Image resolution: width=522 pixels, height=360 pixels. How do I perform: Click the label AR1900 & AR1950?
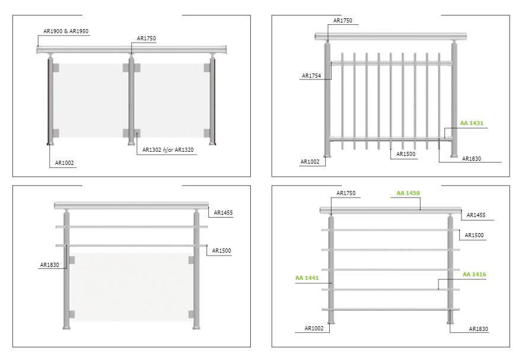66,31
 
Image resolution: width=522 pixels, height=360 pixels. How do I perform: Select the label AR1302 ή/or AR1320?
168,149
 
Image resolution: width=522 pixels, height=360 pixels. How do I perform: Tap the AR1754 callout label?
311,75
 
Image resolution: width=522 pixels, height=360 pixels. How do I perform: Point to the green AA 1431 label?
472,123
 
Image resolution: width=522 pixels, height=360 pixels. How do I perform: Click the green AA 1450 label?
408,193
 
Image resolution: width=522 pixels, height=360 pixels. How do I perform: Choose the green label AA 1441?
307,278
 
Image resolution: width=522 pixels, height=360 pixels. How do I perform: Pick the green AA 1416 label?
475,275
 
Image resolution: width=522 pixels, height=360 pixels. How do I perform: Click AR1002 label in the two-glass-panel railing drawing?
64,163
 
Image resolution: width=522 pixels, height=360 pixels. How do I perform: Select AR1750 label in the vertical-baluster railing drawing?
343,21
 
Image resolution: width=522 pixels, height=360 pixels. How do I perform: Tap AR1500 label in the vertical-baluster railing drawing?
406,154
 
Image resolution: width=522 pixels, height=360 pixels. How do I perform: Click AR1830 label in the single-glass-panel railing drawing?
49,265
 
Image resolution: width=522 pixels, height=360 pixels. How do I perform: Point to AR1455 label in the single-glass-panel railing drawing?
223,212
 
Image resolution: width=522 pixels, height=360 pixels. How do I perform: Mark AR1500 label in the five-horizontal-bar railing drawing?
474,235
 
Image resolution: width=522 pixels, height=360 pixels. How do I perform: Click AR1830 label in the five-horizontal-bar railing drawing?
478,329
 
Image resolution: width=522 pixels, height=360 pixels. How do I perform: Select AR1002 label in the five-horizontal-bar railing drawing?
314,329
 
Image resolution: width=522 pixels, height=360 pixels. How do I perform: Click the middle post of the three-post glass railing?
132,99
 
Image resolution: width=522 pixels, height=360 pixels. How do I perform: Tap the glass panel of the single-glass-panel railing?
130,287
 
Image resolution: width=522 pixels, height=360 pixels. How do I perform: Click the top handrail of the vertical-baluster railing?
391,37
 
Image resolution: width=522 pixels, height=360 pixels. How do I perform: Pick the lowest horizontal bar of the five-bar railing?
391,310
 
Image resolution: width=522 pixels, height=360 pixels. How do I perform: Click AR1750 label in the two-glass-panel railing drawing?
146,39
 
